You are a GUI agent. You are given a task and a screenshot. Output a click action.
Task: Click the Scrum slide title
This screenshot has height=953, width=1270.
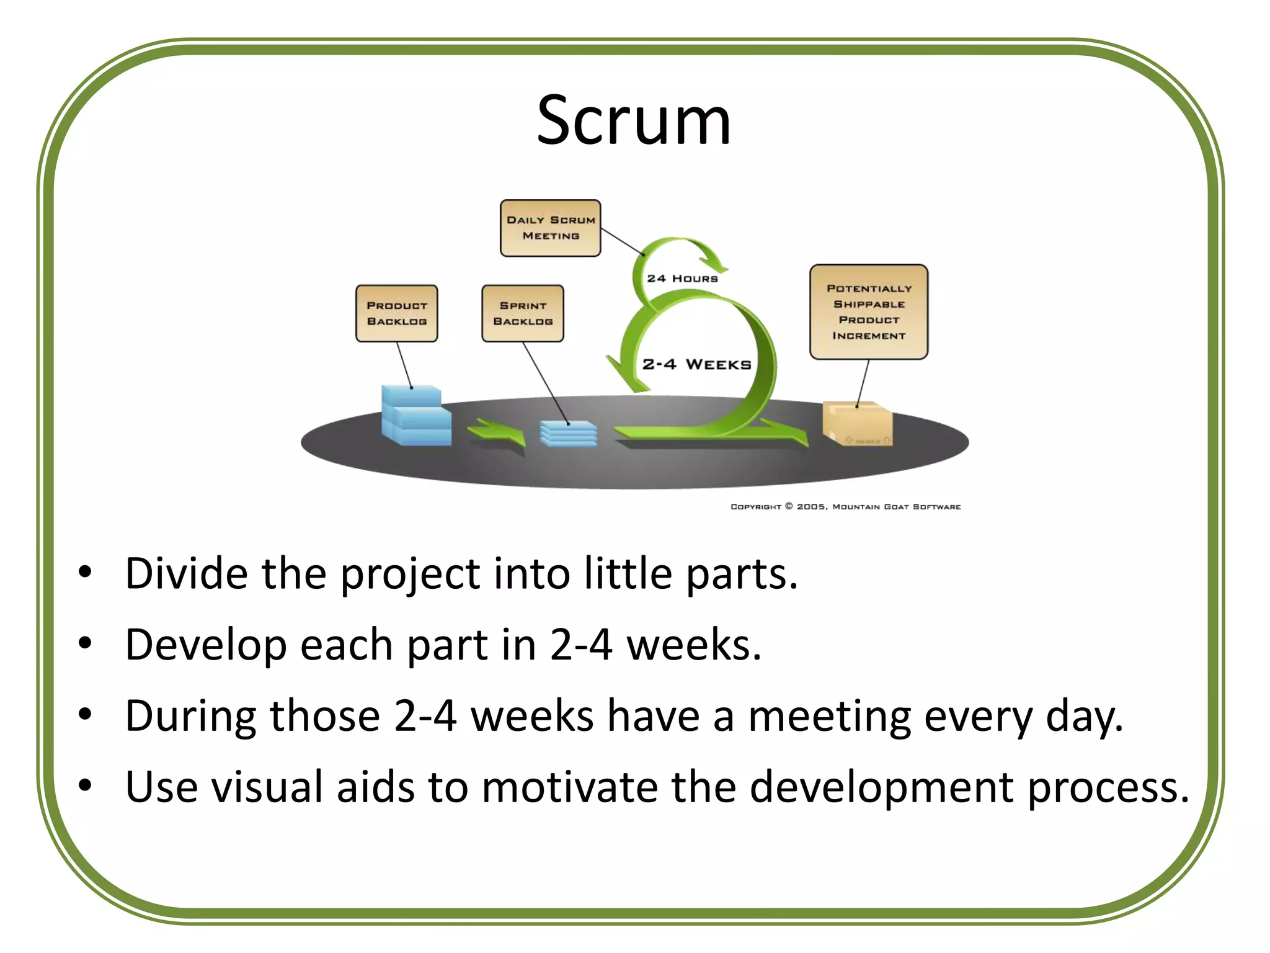click(634, 120)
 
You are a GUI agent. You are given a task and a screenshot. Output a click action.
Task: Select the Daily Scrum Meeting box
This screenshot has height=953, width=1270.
click(551, 228)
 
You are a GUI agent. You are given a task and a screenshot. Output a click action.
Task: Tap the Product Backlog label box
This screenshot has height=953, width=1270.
click(397, 313)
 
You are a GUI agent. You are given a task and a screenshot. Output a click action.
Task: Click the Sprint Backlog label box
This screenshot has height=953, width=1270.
click(523, 313)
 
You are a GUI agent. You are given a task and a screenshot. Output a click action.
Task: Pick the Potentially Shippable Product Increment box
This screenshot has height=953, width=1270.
click(869, 312)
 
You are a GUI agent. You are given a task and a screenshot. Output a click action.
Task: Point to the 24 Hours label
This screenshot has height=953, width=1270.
click(682, 279)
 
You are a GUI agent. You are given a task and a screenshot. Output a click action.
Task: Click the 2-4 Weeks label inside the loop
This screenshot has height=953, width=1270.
click(696, 364)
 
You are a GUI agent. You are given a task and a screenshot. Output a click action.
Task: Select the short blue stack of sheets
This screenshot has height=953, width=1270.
click(568, 433)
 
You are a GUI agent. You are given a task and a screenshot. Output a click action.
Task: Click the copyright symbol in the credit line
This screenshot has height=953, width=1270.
click(789, 506)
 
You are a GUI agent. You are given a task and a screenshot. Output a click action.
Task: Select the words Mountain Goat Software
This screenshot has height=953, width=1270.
click(896, 507)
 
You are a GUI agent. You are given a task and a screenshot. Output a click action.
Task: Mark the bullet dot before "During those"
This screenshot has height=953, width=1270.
click(86, 715)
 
